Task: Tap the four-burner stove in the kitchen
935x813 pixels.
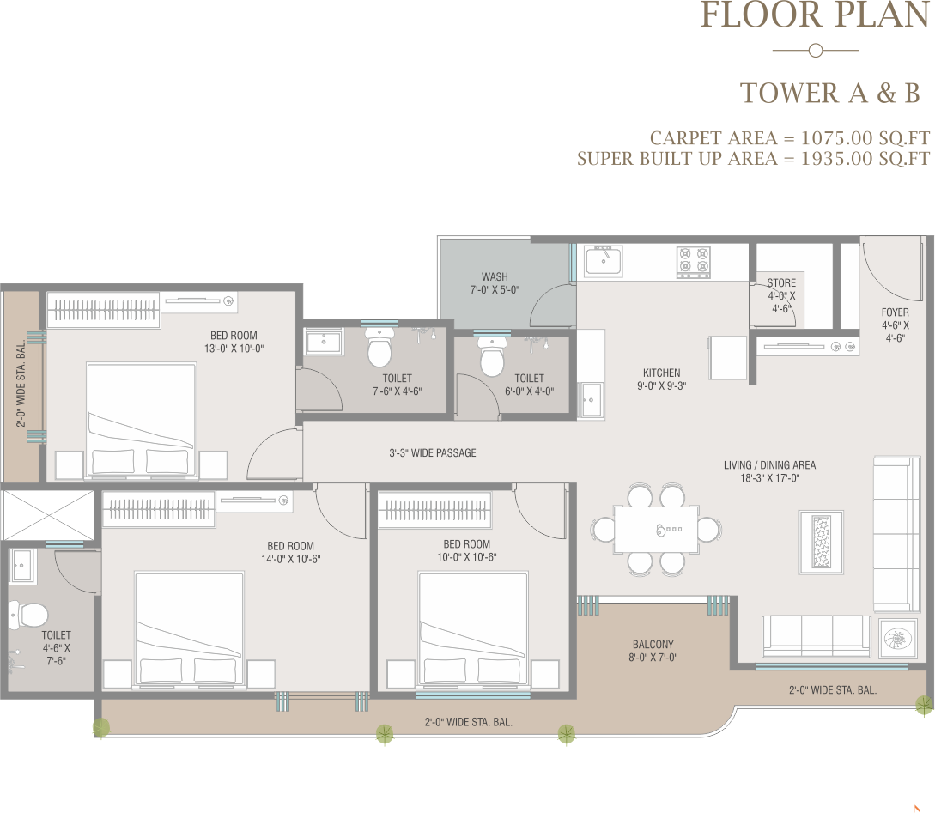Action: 694,262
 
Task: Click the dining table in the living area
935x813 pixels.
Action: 656,530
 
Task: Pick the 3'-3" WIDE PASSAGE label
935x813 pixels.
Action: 433,453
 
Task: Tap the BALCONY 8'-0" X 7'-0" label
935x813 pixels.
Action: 653,651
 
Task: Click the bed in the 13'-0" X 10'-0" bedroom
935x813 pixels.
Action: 141,420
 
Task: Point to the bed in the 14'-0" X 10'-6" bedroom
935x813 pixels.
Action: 189,629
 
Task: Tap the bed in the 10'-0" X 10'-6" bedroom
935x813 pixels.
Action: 473,629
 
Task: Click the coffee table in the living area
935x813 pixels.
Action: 821,542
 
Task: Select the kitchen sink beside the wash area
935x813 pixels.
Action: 604,261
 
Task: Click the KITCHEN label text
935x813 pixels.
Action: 661,373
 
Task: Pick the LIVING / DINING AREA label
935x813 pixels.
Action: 770,465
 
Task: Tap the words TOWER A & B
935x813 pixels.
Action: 830,93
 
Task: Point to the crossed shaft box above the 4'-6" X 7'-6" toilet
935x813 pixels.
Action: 48,516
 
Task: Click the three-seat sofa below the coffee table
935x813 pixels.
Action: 817,636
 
